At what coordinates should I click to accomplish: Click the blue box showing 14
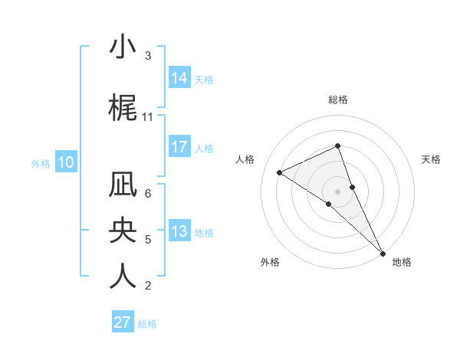(x=179, y=77)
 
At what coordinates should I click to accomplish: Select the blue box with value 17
(x=179, y=147)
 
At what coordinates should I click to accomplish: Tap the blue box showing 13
(x=179, y=232)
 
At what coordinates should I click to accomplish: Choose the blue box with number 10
(x=66, y=162)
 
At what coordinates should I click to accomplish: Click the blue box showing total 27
(x=123, y=322)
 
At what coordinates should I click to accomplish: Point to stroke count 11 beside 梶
(x=148, y=117)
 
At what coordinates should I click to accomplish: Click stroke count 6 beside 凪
(x=148, y=193)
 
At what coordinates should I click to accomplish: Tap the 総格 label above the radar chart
(x=338, y=100)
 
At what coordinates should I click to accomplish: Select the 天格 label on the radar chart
(x=432, y=159)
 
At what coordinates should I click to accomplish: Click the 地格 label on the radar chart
(x=402, y=262)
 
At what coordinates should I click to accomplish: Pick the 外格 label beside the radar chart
(x=270, y=262)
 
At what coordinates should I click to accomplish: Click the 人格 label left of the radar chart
(x=245, y=159)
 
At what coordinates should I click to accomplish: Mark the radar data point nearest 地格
(x=383, y=252)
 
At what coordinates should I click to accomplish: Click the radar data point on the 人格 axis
(x=280, y=172)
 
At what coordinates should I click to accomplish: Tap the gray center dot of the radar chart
(x=338, y=191)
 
